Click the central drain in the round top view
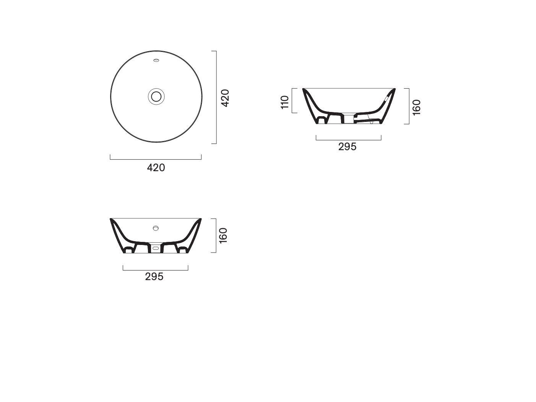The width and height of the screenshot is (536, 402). coord(156,96)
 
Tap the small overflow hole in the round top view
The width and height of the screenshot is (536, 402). coord(156,60)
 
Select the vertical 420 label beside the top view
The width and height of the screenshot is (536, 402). coord(225,98)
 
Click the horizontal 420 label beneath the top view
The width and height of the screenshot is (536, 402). coord(156,167)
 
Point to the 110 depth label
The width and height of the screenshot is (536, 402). coord(285,102)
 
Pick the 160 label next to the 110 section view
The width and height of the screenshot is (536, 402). coord(417,107)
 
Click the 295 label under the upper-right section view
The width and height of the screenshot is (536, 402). coord(347,147)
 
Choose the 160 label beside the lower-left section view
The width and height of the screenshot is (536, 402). coord(224,235)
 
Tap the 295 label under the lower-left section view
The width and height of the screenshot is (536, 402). coord(154,276)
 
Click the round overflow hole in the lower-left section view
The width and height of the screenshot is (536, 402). coord(156,228)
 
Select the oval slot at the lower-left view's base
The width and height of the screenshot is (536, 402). coord(155,248)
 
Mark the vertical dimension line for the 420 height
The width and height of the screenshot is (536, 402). coord(216,97)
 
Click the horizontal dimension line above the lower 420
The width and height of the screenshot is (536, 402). coord(156,159)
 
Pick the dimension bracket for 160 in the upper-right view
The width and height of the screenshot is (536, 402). coord(409,106)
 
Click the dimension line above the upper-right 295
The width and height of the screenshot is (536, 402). coord(348,140)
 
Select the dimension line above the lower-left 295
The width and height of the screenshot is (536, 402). coord(155,270)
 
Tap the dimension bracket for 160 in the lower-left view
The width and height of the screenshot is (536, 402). coord(216,235)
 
